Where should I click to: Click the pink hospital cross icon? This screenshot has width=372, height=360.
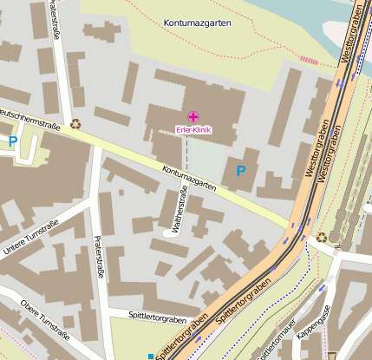[193, 116]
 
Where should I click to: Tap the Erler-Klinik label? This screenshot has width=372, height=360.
[193, 130]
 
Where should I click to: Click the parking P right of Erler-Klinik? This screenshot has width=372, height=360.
[241, 170]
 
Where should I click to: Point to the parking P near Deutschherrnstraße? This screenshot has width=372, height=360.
[12, 140]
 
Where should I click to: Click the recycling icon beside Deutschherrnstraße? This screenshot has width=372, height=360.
[75, 124]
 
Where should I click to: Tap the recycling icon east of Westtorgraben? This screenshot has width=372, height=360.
[322, 237]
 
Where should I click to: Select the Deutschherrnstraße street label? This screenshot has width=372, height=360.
[29, 120]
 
